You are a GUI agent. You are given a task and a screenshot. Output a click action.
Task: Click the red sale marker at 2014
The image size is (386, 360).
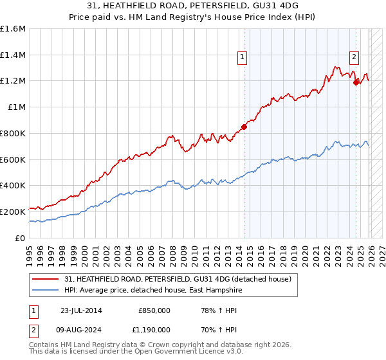tap(244, 127)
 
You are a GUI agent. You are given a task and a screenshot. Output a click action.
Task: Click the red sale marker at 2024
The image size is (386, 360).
tap(356, 82)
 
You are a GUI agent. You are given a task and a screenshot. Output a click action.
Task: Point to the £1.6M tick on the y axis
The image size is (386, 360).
tap(13, 29)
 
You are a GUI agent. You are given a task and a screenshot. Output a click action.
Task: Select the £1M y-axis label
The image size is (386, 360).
tap(17, 107)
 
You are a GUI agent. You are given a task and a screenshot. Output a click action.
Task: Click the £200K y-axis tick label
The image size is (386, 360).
tap(13, 212)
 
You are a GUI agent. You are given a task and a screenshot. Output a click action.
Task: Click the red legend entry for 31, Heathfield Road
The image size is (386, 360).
tap(178, 279)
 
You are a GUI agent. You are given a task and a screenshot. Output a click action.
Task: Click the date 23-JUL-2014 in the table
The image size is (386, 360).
tap(82, 310)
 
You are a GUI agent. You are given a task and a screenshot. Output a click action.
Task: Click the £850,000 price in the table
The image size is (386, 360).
tap(154, 310)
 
